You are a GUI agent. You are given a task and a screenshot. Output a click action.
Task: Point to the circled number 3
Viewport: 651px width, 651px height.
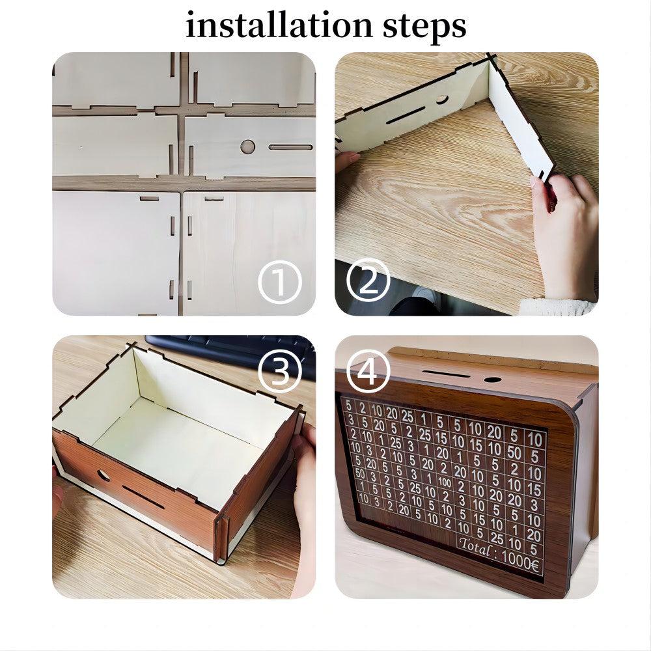(x=280, y=371)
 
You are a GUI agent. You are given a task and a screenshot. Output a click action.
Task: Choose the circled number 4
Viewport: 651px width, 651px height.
(x=368, y=371)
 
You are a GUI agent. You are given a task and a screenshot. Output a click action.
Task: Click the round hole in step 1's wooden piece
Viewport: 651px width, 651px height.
(x=247, y=146)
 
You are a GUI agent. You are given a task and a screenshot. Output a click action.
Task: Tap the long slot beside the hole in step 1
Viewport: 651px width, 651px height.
(x=290, y=147)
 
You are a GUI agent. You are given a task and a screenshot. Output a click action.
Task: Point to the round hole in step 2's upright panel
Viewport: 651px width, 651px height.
(x=442, y=100)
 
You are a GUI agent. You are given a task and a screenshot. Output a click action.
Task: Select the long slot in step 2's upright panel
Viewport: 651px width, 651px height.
(x=404, y=115)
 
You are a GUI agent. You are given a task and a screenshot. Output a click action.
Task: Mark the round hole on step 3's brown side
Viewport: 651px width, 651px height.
(x=104, y=475)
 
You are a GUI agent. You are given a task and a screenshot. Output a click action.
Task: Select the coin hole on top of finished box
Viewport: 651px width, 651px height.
(x=493, y=380)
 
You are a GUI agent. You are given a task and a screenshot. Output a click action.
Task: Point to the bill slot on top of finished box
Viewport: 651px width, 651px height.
(x=446, y=375)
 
